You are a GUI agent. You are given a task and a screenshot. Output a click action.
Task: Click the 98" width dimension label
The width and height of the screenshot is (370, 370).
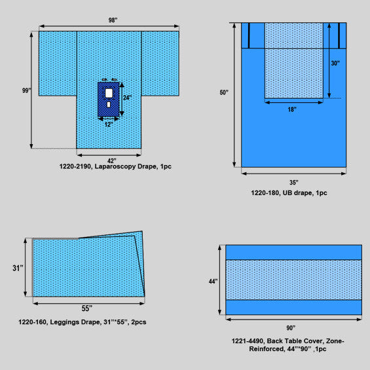tap(113, 20)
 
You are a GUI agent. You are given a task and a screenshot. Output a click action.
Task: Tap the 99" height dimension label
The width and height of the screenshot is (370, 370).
tap(27, 90)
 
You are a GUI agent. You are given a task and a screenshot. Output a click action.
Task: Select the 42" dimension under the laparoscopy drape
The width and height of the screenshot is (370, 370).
tap(111, 160)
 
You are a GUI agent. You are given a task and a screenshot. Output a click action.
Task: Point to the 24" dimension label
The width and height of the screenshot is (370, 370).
tap(128, 97)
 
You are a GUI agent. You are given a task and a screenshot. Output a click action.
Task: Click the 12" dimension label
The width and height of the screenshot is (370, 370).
tap(109, 124)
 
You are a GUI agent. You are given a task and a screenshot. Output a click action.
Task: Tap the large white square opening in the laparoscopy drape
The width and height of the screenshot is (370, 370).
tap(109, 93)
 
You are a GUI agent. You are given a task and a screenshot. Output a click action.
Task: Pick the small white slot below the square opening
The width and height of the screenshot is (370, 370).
tap(109, 105)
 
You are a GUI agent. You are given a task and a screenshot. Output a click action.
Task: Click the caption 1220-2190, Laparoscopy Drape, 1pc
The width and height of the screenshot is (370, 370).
tap(115, 166)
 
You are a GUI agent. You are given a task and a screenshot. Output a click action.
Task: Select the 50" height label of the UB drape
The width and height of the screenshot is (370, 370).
tap(224, 92)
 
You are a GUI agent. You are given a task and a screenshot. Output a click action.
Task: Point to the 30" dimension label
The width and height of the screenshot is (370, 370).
tap(335, 64)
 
